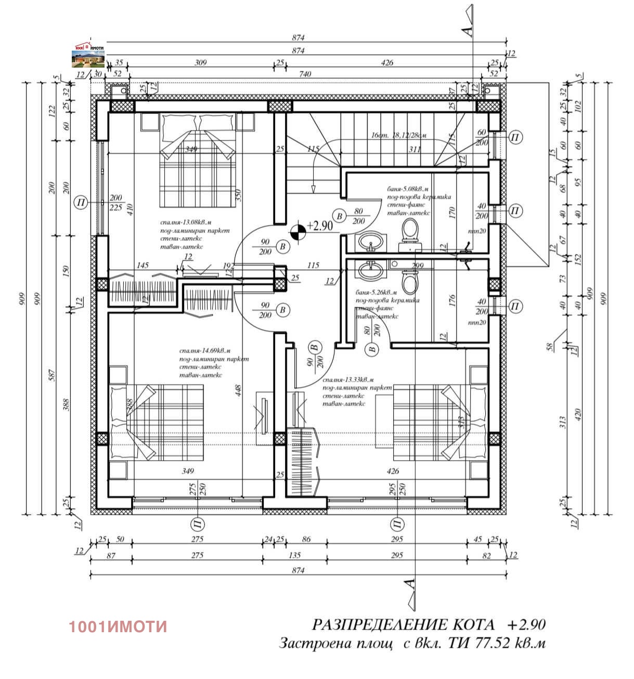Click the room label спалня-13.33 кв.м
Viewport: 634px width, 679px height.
[x=348, y=380]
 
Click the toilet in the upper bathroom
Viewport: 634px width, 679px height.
[x=409, y=231]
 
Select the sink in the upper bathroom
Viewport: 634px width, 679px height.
[x=371, y=241]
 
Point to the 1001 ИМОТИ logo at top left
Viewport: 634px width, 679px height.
[x=89, y=54]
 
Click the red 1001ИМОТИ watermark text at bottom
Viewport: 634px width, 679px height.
[x=118, y=626]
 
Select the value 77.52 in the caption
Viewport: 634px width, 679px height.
[x=491, y=643]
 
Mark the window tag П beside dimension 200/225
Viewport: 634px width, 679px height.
[x=81, y=202]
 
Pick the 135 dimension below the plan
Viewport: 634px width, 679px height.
[x=294, y=555]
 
